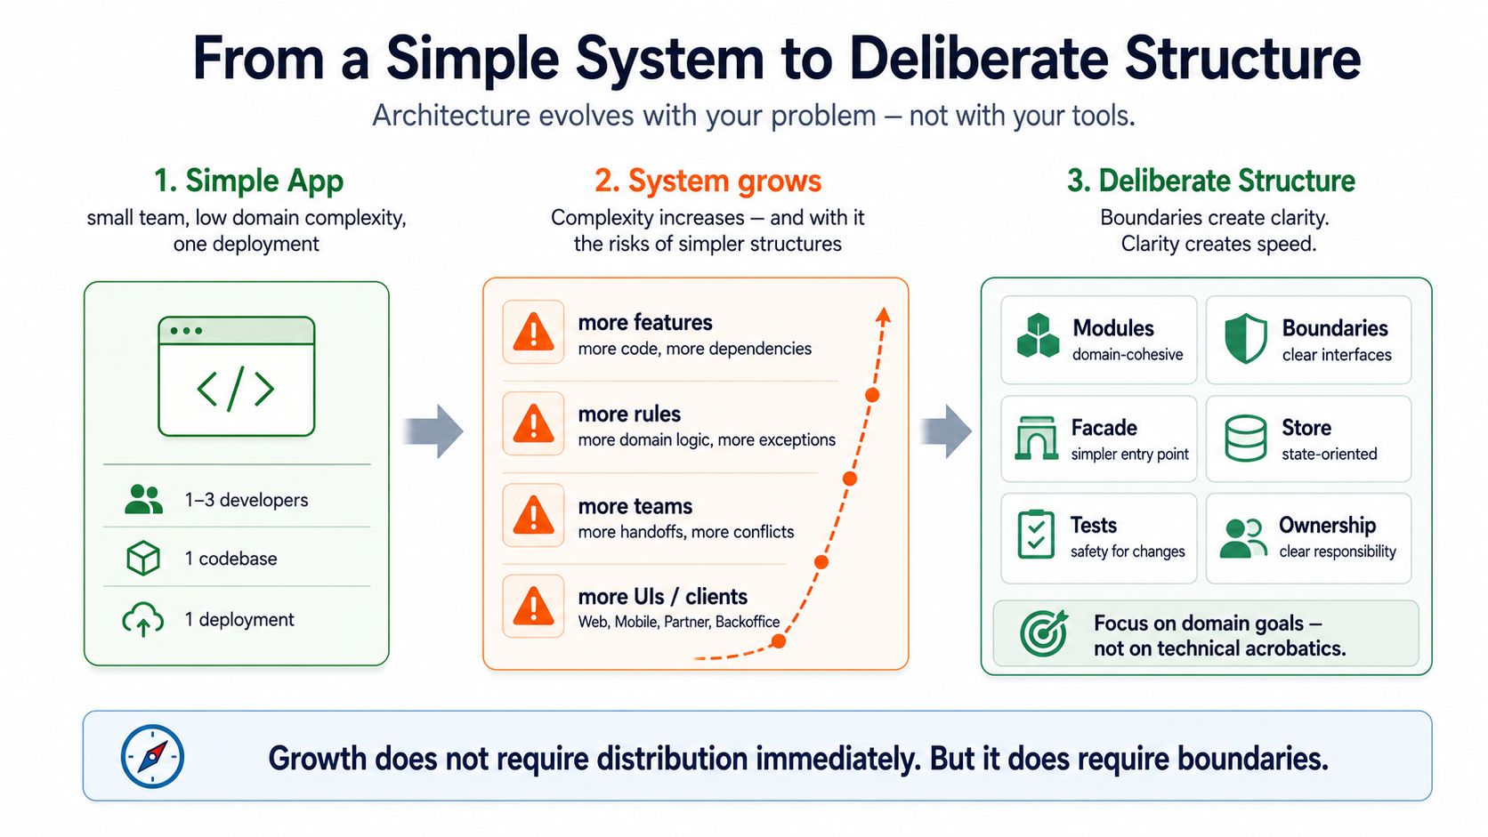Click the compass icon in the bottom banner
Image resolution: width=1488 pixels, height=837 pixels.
152,756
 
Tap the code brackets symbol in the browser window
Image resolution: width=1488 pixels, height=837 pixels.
236,389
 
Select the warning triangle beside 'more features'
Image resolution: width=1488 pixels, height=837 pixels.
533,332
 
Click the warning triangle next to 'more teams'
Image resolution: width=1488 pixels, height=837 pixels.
533,515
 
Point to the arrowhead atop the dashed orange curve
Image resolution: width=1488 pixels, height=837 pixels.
883,315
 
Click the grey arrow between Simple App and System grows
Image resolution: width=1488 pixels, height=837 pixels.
433,431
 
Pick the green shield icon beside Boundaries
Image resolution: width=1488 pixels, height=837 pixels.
1246,339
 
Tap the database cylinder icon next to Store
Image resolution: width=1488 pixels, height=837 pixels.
1246,439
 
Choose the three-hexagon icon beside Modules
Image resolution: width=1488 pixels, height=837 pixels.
1039,336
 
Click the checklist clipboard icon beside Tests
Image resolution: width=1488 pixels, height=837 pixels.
1036,535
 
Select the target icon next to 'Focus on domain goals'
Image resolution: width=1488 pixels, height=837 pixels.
1044,633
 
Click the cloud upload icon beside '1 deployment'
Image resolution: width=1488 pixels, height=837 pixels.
142,620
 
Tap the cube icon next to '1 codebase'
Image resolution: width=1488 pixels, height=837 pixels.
142,559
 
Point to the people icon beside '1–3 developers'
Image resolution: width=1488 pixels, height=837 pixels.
143,499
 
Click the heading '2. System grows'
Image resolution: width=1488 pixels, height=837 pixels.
708,181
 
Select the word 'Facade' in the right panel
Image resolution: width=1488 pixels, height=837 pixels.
1104,428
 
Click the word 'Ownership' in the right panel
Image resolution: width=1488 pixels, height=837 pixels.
1327,525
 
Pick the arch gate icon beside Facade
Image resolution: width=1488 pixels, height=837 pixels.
1036,439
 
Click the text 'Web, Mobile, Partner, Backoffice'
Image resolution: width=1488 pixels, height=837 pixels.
679,622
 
